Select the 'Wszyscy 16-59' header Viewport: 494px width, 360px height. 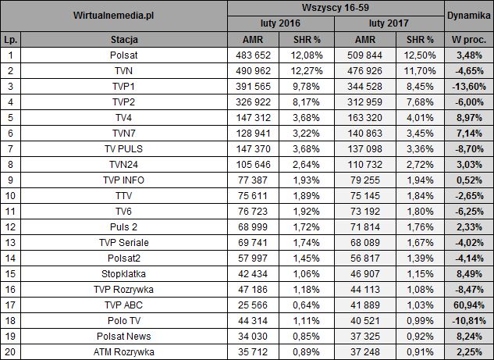pyautogui.click(x=335, y=9)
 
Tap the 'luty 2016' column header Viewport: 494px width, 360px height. pyautogui.click(x=281, y=23)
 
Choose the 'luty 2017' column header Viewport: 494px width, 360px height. pyautogui.click(x=388, y=23)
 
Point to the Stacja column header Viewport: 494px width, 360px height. pyautogui.click(x=125, y=39)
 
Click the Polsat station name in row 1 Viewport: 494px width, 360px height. pyautogui.click(x=125, y=55)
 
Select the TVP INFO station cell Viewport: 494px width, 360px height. pyautogui.click(x=125, y=180)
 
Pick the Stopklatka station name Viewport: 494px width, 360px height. pyautogui.click(x=125, y=273)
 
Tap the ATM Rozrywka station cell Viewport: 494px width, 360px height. pyautogui.click(x=125, y=351)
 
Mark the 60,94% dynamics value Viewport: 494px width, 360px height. pyautogui.click(x=468, y=305)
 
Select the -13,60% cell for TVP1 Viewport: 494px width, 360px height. pyautogui.click(x=468, y=86)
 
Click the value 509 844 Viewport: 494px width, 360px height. pyautogui.click(x=361, y=55)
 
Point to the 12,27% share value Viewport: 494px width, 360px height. pyautogui.click(x=308, y=70)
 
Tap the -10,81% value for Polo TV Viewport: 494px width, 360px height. pyautogui.click(x=468, y=320)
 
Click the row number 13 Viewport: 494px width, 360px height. pyautogui.click(x=10, y=242)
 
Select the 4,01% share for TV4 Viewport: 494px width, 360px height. pyautogui.click(x=414, y=117)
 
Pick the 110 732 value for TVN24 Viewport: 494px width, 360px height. pyautogui.click(x=361, y=164)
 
